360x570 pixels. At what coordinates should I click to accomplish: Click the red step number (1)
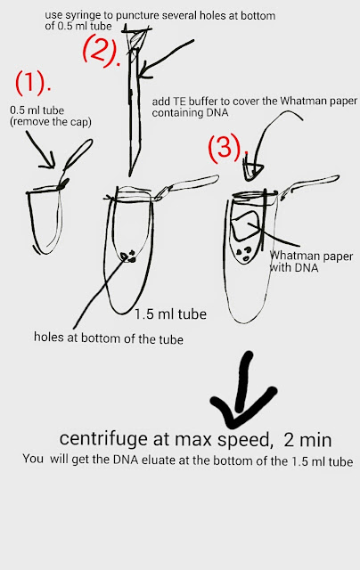pyautogui.click(x=32, y=83)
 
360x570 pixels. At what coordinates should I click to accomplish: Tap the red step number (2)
pyautogui.click(x=101, y=52)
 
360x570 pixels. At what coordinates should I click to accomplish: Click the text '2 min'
pyautogui.click(x=307, y=440)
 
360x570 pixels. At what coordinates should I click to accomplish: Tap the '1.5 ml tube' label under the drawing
pyautogui.click(x=170, y=314)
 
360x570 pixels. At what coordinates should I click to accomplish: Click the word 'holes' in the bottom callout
pyautogui.click(x=49, y=337)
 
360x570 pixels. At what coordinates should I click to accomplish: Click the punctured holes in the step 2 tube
pyautogui.click(x=128, y=256)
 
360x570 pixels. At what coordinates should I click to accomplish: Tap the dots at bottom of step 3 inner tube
pyautogui.click(x=243, y=253)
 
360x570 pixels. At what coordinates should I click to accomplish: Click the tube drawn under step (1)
pyautogui.click(x=45, y=221)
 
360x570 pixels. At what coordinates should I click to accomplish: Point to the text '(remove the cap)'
pyautogui.click(x=51, y=122)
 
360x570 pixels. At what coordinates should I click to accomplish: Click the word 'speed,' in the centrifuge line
pyautogui.click(x=245, y=440)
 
